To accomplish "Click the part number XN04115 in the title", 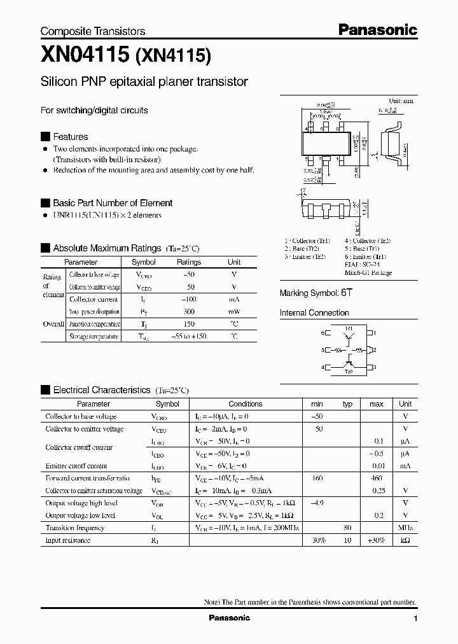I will pos(85,55).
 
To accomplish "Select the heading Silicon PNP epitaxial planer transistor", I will pos(144,82).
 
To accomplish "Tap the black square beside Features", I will pos(45,137).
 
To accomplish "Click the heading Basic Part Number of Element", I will pos(113,203).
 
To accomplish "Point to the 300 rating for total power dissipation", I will pos(188,312).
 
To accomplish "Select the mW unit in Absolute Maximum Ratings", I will pos(234,312).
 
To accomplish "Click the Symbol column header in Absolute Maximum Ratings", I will pos(143,262).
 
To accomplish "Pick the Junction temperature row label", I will pos(94,324).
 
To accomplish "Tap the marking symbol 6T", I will pos(346,293).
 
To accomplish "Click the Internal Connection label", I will pos(314,313).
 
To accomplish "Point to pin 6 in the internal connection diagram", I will pos(323,333).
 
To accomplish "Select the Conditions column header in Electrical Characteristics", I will pos(245,404).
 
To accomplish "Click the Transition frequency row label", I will pos(74,528).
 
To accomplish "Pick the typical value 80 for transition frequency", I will pos(347,528).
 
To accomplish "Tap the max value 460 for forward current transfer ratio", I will pos(376,478).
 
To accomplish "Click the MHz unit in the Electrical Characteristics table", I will pos(405,528).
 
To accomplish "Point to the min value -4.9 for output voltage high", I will pos(316,503).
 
